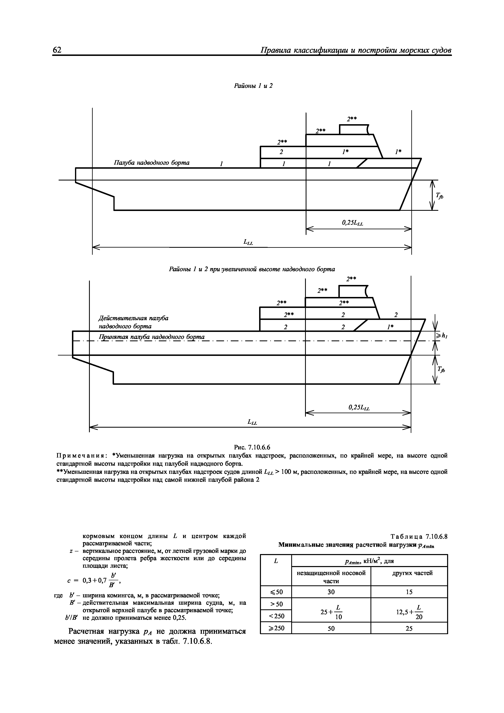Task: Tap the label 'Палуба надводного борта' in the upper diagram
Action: [152, 163]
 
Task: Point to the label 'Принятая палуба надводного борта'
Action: [152, 337]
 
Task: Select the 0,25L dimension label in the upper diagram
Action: [352, 223]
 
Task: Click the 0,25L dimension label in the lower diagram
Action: [359, 408]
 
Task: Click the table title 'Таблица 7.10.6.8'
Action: [419, 537]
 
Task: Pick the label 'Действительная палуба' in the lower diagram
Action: [133, 318]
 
